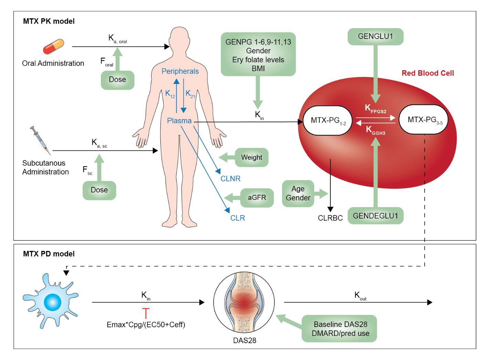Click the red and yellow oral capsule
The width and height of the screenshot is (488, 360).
click(x=53, y=47)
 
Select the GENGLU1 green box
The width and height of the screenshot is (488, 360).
click(x=375, y=36)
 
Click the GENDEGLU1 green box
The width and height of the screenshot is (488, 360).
click(x=375, y=216)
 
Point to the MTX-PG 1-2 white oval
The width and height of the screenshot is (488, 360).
click(x=328, y=120)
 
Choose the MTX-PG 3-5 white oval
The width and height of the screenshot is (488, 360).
click(x=423, y=120)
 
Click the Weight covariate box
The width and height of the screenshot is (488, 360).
click(x=252, y=157)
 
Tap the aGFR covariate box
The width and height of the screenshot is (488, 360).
click(x=257, y=198)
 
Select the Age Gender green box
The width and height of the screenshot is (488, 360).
click(x=298, y=193)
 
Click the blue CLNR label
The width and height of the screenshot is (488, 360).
click(x=230, y=179)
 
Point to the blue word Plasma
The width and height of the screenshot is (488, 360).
click(x=179, y=121)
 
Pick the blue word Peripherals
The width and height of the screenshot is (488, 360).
click(x=180, y=71)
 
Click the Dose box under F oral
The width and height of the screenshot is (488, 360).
click(x=117, y=80)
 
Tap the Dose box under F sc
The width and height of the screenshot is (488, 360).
click(x=99, y=190)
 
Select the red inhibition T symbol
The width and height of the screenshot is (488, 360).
click(x=146, y=313)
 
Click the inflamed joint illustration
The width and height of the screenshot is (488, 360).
click(x=244, y=303)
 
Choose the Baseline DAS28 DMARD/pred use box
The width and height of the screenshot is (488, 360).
click(x=340, y=329)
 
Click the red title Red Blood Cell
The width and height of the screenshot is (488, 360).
click(x=428, y=73)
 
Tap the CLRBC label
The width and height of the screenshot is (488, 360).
click(x=330, y=218)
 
